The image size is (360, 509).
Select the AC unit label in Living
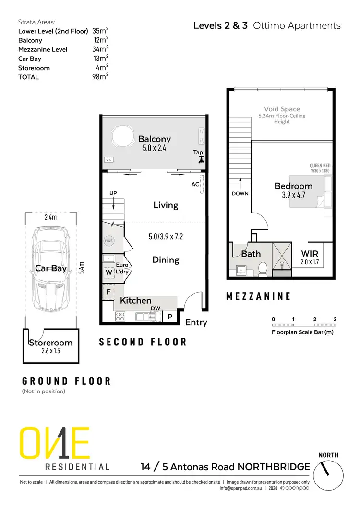(195, 184)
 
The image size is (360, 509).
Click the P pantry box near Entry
(170, 317)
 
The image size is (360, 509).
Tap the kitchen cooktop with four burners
(120, 317)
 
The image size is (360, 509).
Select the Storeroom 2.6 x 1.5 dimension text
(50, 351)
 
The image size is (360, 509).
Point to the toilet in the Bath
(263, 270)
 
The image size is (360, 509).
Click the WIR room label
(310, 253)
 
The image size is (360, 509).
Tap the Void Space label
(282, 109)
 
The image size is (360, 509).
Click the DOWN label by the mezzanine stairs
(240, 194)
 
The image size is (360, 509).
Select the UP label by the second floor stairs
(113, 193)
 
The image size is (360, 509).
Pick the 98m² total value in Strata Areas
(100, 77)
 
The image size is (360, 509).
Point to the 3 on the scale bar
(335, 319)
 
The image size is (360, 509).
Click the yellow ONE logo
(54, 444)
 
